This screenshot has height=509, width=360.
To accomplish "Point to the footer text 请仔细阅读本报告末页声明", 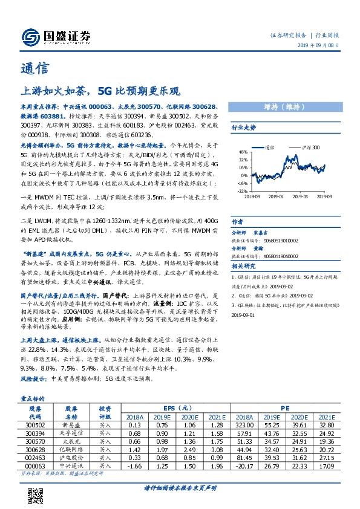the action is pyautogui.click(x=180, y=487).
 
